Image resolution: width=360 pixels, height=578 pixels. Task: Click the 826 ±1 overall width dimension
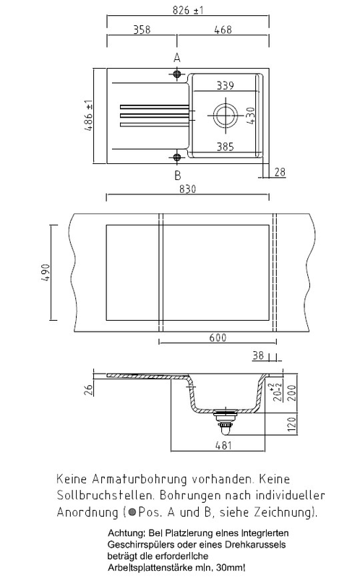coord(188,10)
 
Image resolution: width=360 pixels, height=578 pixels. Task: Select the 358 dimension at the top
coord(142,30)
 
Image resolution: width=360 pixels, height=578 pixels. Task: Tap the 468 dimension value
coord(223,30)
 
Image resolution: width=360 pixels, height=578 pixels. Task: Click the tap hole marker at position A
coord(177,74)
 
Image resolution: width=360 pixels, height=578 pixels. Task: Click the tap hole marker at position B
coord(177,158)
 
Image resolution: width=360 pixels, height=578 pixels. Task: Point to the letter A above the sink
coord(177,59)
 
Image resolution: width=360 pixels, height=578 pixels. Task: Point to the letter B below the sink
coord(177,175)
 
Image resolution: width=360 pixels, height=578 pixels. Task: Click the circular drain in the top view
coord(225,115)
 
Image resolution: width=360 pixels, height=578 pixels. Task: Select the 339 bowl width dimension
coord(225,85)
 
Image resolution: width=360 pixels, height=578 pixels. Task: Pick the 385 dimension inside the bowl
coord(225,147)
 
